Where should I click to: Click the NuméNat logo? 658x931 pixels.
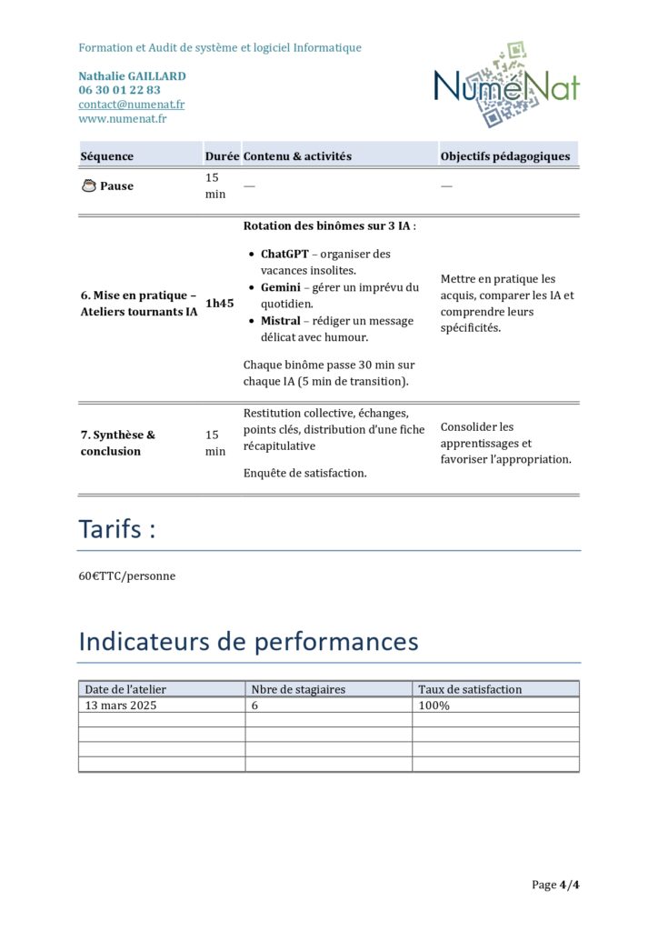click(506, 85)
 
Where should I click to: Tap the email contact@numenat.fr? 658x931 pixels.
click(131, 105)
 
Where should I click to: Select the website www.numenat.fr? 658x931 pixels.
click(123, 118)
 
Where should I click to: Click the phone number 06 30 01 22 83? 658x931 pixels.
click(119, 90)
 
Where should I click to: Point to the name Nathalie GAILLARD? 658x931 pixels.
click(132, 76)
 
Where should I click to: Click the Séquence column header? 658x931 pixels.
click(107, 156)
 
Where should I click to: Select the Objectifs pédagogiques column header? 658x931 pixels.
click(505, 156)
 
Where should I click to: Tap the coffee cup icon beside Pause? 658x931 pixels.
click(89, 185)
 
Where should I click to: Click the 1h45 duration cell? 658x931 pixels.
click(217, 304)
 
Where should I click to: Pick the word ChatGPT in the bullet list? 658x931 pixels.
click(284, 254)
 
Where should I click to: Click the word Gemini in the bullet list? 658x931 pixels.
click(280, 287)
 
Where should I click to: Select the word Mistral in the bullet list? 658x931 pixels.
click(282, 321)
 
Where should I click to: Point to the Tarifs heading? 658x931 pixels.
click(116, 529)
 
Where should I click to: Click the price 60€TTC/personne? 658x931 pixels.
click(127, 576)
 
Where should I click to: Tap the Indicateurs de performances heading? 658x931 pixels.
click(248, 641)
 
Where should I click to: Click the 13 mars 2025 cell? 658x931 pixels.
click(121, 705)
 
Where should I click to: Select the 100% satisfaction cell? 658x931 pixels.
click(434, 705)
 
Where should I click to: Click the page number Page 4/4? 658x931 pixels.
click(555, 885)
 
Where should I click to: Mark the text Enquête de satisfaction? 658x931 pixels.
click(305, 473)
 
